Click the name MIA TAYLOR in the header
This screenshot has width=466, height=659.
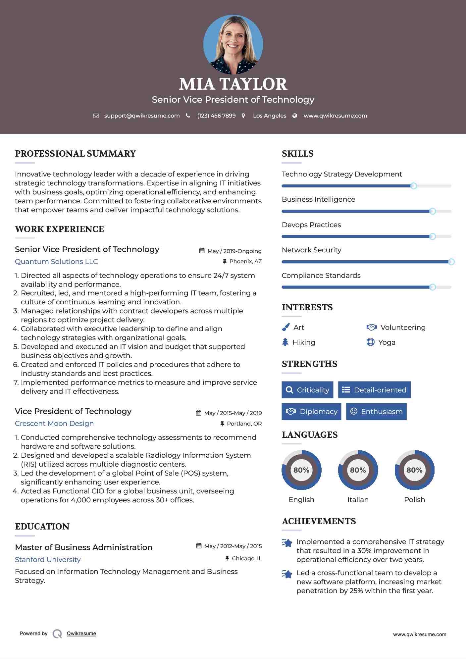click(x=233, y=84)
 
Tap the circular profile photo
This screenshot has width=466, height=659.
click(x=233, y=44)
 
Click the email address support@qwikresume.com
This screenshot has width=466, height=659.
click(x=142, y=116)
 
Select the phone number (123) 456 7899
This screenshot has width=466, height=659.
click(x=216, y=116)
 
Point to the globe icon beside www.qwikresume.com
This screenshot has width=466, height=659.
click(x=295, y=116)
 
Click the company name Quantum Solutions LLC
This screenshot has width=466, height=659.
click(x=56, y=262)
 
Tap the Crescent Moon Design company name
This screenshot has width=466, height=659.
click(x=54, y=424)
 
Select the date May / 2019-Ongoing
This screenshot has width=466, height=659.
click(x=234, y=251)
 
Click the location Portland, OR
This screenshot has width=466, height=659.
click(x=244, y=424)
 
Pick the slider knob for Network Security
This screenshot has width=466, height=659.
click(x=451, y=262)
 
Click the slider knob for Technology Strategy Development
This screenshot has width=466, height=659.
click(x=413, y=186)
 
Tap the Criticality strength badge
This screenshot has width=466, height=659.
click(x=307, y=390)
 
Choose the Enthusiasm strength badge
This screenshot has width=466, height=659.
click(x=376, y=412)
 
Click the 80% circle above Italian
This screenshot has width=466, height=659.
click(x=358, y=470)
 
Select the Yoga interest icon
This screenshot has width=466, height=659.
click(x=370, y=342)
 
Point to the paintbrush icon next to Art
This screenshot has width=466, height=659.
click(x=285, y=327)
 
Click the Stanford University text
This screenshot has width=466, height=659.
click(x=48, y=560)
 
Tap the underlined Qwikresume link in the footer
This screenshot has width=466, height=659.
click(x=81, y=634)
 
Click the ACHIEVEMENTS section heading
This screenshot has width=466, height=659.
click(x=319, y=521)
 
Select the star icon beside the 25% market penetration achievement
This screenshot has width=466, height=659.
click(x=287, y=574)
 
